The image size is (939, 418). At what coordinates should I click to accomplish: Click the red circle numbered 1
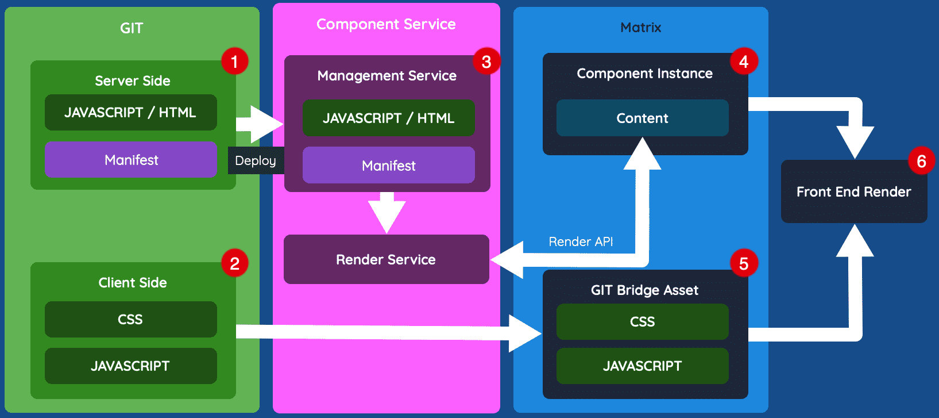tap(234, 62)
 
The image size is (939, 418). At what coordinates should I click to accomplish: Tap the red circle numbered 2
tap(234, 263)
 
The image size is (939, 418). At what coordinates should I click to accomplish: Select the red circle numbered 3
tap(486, 62)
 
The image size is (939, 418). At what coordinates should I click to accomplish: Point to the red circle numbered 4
tap(744, 62)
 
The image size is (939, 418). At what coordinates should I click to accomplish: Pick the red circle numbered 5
tap(744, 263)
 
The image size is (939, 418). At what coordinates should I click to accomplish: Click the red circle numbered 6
tap(921, 161)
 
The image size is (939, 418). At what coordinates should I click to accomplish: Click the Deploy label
tap(256, 160)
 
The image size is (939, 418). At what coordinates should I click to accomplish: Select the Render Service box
tap(386, 259)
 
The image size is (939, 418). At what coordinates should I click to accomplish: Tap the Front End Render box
tap(853, 192)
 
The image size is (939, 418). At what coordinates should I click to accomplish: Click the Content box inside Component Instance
tap(642, 118)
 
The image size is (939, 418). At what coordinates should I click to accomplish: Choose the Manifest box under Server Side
tap(131, 160)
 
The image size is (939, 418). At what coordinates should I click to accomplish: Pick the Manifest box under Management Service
tap(388, 166)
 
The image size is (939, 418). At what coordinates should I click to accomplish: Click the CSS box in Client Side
tap(130, 319)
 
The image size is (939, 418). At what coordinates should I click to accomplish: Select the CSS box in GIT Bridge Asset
tap(642, 321)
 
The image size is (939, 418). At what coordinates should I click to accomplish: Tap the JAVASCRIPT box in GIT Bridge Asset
tap(642, 366)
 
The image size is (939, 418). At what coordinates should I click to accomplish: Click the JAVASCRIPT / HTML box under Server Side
tap(130, 112)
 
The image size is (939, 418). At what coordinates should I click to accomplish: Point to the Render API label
tap(581, 241)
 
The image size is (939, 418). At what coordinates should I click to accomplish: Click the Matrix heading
tap(640, 28)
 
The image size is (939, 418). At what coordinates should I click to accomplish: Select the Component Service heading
tap(386, 24)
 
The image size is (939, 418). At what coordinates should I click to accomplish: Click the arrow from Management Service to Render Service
tap(387, 213)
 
